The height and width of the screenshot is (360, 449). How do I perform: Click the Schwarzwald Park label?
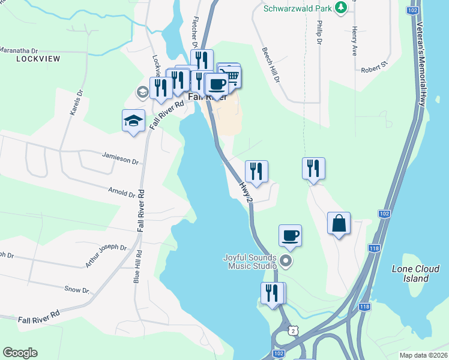pos(298,8)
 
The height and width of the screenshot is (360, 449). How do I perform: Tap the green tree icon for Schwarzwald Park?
pos(341,7)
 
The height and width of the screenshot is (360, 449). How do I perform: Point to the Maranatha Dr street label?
pos(19,50)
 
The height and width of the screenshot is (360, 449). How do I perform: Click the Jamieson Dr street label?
pos(120,161)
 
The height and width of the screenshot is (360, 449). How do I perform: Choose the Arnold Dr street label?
pos(121,193)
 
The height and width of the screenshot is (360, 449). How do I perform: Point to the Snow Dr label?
pos(76,290)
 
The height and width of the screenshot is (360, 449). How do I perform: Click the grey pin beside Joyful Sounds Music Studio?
pos(286,261)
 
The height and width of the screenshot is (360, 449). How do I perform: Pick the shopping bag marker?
pos(339,223)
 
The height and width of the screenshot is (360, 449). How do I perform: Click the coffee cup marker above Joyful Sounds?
pos(290,235)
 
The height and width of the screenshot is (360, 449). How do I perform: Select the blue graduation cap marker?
pos(133,121)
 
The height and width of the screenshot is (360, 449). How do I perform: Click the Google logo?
pos(20,353)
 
